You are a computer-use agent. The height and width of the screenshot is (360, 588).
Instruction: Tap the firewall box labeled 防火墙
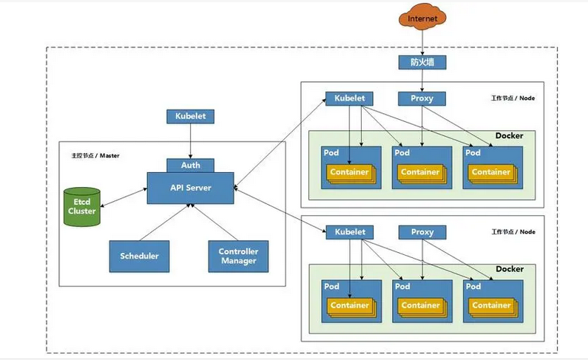tap(423, 63)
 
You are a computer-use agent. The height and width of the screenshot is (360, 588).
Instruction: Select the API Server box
tap(190, 187)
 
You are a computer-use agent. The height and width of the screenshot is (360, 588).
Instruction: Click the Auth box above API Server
tap(190, 165)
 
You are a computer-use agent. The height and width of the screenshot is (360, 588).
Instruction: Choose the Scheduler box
tap(139, 257)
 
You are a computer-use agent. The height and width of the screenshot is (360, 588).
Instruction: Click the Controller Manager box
tap(237, 257)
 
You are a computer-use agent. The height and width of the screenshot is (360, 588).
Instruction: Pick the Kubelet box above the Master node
tap(190, 116)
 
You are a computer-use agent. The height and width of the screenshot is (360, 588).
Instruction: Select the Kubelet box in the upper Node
tap(350, 98)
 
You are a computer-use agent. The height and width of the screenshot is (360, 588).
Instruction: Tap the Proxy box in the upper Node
tap(422, 98)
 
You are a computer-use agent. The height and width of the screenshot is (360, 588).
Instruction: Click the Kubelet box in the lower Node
tap(350, 232)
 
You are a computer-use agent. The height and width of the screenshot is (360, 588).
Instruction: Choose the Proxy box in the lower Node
tap(422, 232)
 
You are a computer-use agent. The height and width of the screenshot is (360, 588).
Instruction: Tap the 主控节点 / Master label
tap(95, 156)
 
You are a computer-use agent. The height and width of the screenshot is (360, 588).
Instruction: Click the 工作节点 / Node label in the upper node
tap(513, 98)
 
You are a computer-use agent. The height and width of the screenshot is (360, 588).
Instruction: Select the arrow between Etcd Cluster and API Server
tap(122, 197)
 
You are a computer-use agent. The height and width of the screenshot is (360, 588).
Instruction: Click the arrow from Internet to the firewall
tap(423, 43)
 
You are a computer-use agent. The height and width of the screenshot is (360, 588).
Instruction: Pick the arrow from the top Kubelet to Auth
tap(190, 140)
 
